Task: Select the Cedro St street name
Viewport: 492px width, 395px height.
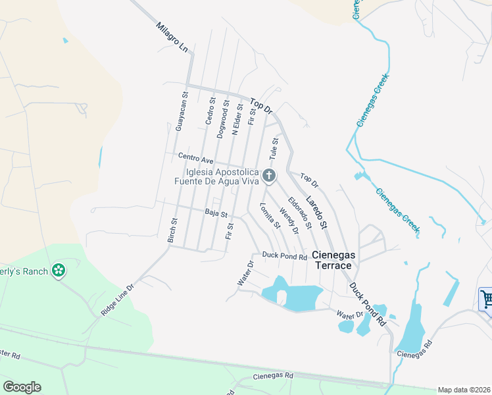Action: point(210,117)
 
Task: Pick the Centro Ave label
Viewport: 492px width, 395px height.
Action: point(196,159)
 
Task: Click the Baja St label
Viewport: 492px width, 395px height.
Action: point(216,213)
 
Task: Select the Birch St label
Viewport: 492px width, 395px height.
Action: point(173,230)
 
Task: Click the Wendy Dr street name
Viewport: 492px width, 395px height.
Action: point(289,221)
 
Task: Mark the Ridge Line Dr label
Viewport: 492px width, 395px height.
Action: point(118,300)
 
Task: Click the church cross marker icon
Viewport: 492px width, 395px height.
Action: point(268,176)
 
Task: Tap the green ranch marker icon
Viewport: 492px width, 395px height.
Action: point(59,270)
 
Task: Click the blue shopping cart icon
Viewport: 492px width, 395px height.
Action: point(485,300)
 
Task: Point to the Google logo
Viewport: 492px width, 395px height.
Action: point(22,386)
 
